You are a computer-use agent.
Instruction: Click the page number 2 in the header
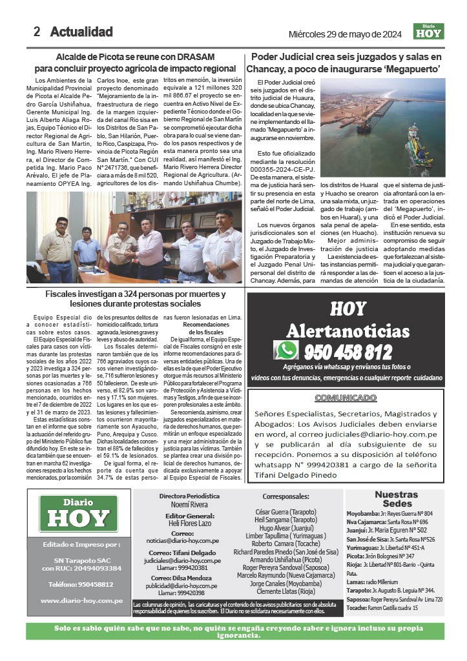pos(37,32)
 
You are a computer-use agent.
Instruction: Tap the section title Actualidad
pos(81,32)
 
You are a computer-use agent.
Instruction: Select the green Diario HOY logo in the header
pos(429,31)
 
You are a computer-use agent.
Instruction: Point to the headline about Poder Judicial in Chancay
pos(346,62)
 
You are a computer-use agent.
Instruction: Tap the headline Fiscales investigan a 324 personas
pos(135,299)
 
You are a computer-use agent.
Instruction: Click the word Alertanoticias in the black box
pos(348,332)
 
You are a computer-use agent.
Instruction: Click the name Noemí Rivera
pos(185,505)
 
